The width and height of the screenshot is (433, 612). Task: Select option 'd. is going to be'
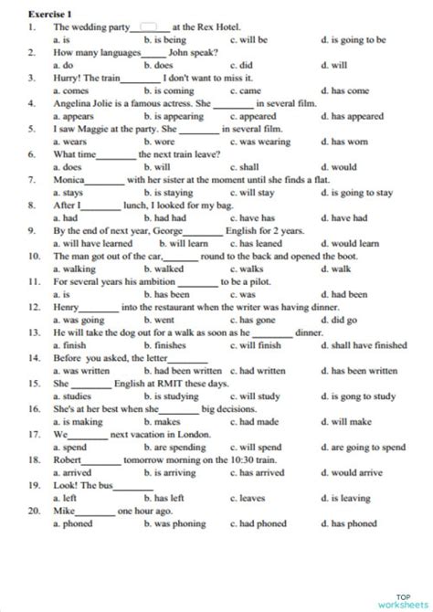click(x=354, y=40)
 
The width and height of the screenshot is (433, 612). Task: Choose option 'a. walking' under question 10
click(x=74, y=269)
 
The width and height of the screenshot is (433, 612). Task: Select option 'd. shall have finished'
click(x=364, y=346)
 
